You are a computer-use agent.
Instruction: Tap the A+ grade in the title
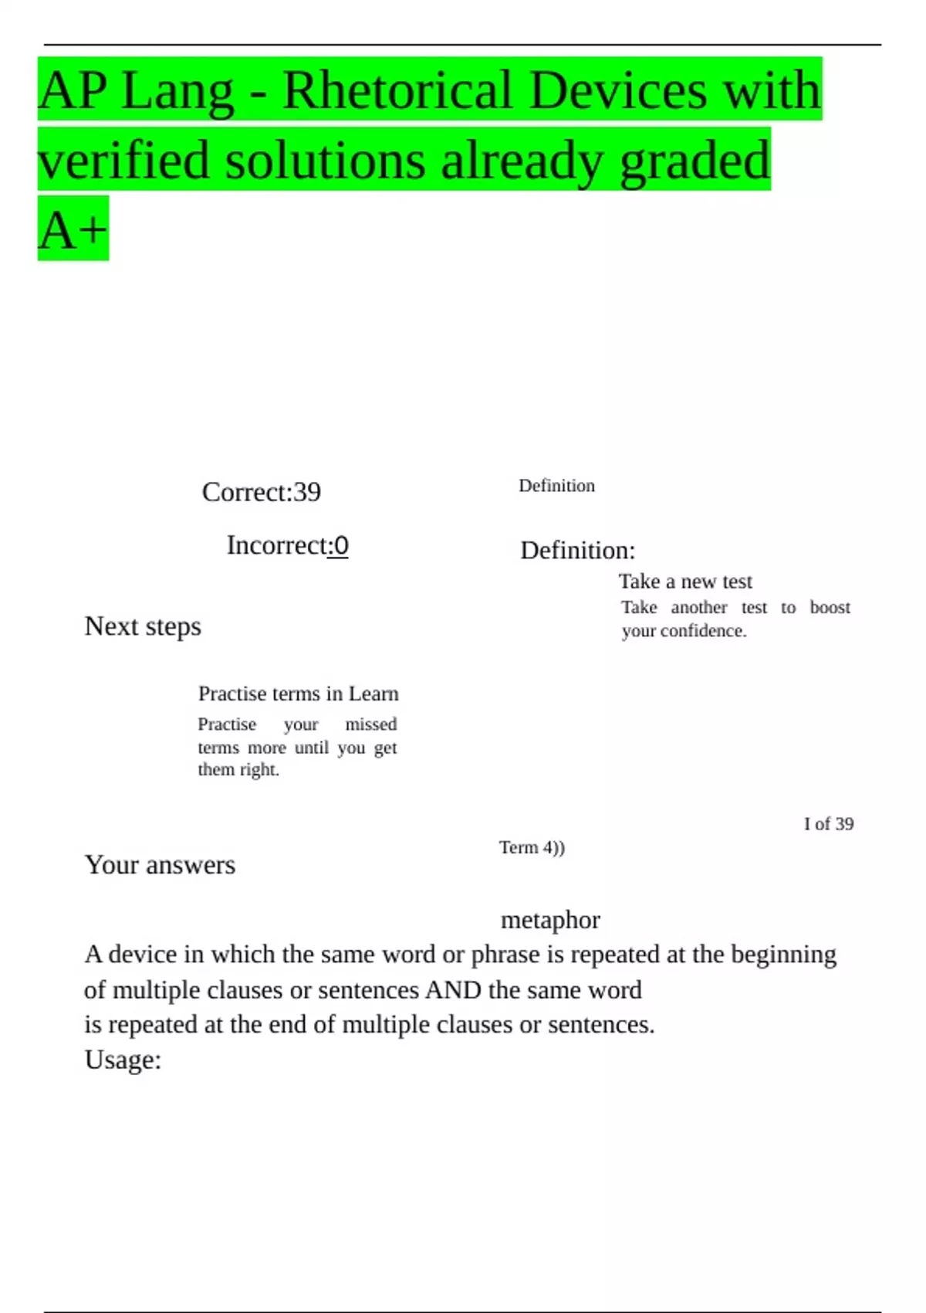(x=73, y=230)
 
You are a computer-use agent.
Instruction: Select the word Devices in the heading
(x=618, y=90)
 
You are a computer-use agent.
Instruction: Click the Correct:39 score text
(x=261, y=492)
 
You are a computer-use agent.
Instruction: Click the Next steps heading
(x=143, y=626)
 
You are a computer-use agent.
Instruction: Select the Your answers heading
(x=160, y=865)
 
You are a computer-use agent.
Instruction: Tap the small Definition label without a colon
(x=556, y=486)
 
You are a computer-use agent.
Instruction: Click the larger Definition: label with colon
(x=577, y=551)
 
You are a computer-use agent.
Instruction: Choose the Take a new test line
(x=685, y=582)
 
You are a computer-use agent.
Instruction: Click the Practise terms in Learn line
(x=298, y=694)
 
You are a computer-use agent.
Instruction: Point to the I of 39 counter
(x=829, y=824)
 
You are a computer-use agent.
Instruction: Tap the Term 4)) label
(x=532, y=848)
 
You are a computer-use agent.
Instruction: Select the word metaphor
(x=550, y=920)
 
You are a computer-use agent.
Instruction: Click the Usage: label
(x=123, y=1060)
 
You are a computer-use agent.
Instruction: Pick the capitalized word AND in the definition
(x=453, y=990)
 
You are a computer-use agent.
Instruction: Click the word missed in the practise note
(x=370, y=724)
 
